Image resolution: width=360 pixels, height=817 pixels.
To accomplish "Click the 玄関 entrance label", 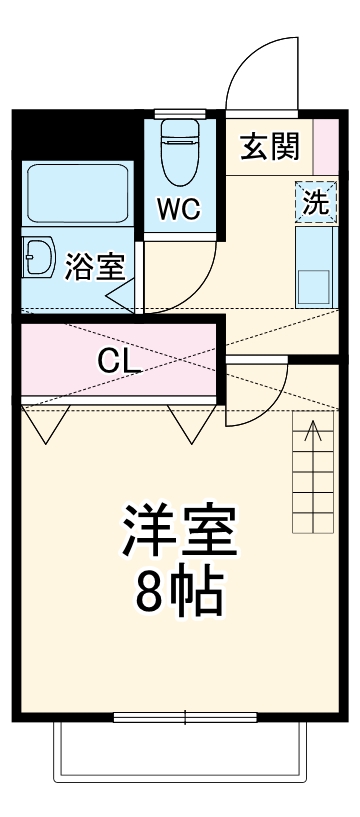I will click(x=269, y=147).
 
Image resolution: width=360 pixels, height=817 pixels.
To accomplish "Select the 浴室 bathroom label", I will click(x=94, y=267).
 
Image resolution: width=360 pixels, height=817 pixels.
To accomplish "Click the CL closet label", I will click(x=118, y=360).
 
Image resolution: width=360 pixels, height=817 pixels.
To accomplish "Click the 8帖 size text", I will click(x=180, y=595).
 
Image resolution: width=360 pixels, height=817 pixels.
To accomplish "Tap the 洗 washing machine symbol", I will click(x=315, y=203).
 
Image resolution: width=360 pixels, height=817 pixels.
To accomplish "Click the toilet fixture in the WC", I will click(x=181, y=150).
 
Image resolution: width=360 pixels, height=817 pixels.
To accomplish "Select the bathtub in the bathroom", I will click(x=75, y=194).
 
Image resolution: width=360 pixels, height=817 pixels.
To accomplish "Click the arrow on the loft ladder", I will click(x=312, y=432).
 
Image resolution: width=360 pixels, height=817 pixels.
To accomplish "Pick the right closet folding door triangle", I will click(x=190, y=425).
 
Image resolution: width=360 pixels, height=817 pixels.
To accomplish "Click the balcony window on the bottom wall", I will click(x=185, y=717).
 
